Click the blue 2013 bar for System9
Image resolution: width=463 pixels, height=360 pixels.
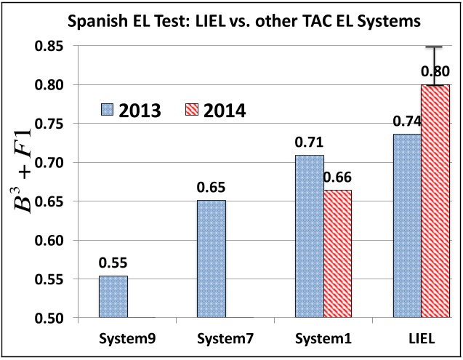tap(113, 297)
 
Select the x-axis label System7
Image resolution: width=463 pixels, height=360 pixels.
tap(211, 338)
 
